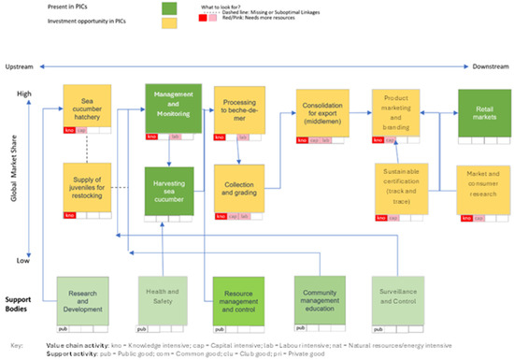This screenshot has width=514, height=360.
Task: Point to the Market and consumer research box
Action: pyautogui.click(x=483, y=186)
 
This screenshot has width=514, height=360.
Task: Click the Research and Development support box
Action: pyautogui.click(x=88, y=296)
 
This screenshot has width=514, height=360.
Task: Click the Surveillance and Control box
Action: pyautogui.click(x=401, y=296)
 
